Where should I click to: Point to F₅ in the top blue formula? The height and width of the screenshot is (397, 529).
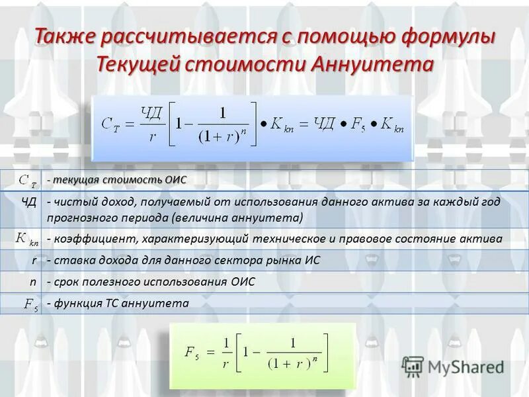[357, 124]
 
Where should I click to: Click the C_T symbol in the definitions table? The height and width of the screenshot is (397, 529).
[27, 179]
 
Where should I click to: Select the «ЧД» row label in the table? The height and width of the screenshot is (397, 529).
[28, 201]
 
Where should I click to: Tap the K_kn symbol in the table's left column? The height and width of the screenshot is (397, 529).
[27, 238]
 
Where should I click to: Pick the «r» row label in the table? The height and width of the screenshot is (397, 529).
[34, 260]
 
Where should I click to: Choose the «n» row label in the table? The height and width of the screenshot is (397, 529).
[33, 282]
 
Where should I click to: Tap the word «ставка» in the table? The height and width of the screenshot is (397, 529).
[71, 260]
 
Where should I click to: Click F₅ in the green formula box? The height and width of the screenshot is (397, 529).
[192, 352]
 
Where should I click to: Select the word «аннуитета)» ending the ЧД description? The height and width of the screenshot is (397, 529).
[272, 217]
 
